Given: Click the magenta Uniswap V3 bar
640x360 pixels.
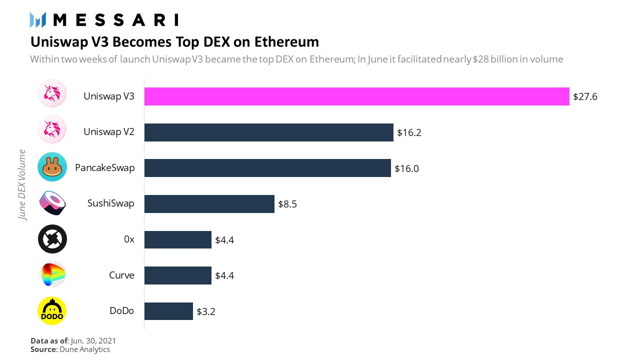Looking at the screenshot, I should tap(356, 96).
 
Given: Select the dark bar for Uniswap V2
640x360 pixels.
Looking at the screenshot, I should tap(268, 132).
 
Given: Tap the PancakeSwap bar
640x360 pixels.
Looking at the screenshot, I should tap(267, 168).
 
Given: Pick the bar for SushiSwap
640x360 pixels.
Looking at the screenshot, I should tap(209, 204).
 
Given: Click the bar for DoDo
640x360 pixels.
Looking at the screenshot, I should tap(168, 311).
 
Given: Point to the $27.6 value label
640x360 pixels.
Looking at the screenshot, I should tap(585, 96).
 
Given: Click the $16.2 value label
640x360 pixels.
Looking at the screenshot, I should tap(409, 132).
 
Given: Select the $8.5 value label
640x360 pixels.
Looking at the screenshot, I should tap(287, 204).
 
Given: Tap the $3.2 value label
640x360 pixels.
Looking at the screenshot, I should tap(206, 311).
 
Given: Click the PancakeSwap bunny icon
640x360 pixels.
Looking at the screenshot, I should tap(52, 167).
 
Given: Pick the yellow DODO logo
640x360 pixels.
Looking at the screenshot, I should tap(52, 310).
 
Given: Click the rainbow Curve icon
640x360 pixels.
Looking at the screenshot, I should tap(52, 274).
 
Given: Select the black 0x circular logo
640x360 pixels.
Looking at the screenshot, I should tap(52, 239).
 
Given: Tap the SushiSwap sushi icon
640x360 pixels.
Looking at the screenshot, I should tap(52, 203).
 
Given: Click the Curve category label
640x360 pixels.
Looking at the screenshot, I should tap(121, 275).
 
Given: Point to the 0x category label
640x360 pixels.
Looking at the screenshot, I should tap(129, 239).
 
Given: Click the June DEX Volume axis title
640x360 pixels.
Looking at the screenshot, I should tap(22, 184).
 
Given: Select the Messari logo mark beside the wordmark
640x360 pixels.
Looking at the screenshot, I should tap(38, 20).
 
